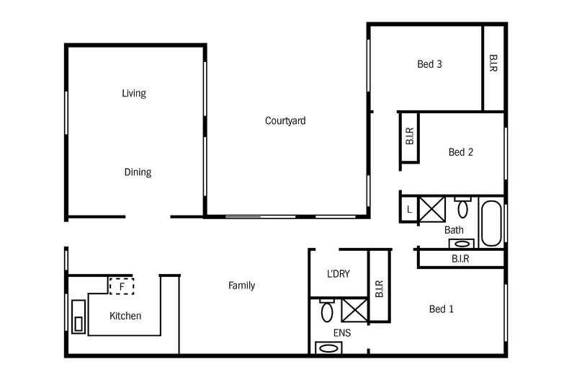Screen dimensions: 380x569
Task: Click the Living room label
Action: tap(134, 93)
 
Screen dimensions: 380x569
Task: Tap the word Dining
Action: tap(138, 172)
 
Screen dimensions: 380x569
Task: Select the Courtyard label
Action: tap(285, 121)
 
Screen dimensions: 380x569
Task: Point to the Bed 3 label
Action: tap(429, 64)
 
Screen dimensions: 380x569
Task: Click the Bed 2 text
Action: tap(460, 152)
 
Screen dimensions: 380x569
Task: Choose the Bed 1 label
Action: tap(441, 309)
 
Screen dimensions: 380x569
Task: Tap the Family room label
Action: tap(242, 286)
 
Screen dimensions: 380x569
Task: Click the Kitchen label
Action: tap(125, 316)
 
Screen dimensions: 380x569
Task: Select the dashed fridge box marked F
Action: tap(122, 286)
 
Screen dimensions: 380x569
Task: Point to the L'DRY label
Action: tap(339, 274)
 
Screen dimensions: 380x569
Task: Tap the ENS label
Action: tap(342, 333)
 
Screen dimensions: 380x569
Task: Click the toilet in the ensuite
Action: tap(326, 311)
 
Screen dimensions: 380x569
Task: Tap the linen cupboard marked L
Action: tap(408, 209)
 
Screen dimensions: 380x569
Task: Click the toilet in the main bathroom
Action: tap(462, 208)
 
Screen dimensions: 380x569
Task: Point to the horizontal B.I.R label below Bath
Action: tap(461, 258)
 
